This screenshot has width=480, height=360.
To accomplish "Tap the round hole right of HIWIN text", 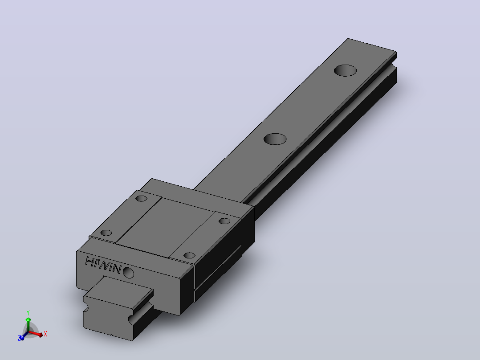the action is [128, 272].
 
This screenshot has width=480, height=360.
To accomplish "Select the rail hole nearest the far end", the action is [346, 70].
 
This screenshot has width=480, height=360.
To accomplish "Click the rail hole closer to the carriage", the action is [275, 139].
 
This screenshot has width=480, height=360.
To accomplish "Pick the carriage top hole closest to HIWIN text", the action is [106, 233].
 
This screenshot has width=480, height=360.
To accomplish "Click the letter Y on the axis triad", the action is [28, 312].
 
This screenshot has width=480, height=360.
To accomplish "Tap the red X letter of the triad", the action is [45, 334].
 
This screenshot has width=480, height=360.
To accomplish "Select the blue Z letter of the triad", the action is [19, 338].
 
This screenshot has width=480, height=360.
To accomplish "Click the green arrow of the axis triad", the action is [28, 325].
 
